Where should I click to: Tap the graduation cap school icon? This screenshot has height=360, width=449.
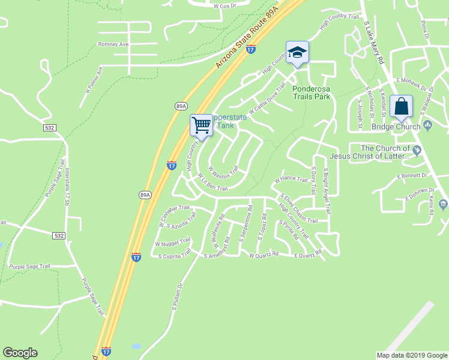[x=297, y=52]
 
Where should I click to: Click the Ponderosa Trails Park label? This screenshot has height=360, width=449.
[x=311, y=92]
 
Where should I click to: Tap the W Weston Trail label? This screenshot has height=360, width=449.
[x=223, y=172]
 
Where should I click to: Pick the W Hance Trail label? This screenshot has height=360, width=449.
[x=291, y=179]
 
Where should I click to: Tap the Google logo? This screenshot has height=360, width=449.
[x=20, y=353]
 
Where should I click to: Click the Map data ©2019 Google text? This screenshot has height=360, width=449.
[x=411, y=355]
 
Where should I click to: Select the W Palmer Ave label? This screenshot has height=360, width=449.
[x=94, y=79]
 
